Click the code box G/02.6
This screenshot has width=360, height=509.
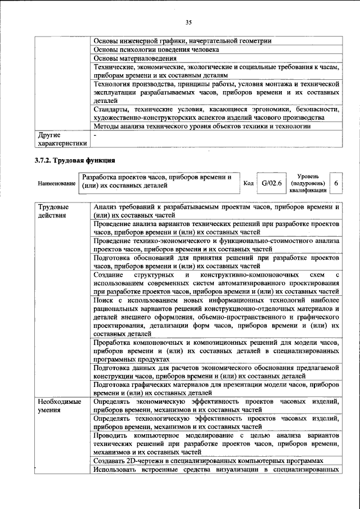coord(271,183)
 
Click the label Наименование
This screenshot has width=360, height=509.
coord(57,184)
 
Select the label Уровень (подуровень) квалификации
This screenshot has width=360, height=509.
coord(308,183)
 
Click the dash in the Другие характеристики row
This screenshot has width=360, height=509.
coord(96,136)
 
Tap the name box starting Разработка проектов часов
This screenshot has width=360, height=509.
coord(157,181)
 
